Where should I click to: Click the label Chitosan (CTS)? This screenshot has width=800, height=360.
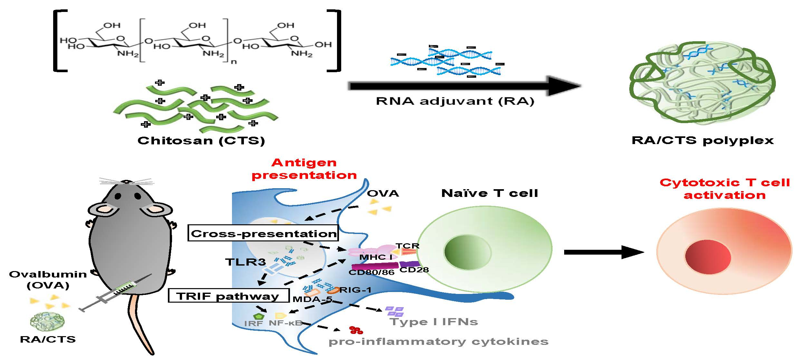(201, 141)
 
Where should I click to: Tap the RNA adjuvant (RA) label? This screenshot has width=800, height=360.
(455, 101)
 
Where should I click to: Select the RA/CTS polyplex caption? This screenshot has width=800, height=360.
(702, 141)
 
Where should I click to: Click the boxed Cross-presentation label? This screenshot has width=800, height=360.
(263, 233)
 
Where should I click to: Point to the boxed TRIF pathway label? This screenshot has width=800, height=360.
(228, 296)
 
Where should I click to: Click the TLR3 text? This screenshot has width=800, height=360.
(246, 261)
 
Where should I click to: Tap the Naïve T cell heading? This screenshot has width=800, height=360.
(489, 193)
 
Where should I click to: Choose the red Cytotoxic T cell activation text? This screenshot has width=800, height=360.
(725, 189)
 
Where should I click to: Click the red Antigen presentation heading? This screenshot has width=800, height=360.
(304, 169)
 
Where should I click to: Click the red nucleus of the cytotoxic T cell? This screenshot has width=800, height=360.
(708, 257)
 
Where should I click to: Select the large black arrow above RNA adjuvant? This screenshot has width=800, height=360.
(464, 86)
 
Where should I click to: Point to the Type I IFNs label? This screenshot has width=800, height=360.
(434, 322)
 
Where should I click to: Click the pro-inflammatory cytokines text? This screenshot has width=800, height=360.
(438, 342)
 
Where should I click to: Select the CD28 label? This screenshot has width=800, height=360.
(414, 270)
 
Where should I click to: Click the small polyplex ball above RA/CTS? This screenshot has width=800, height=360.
(47, 321)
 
